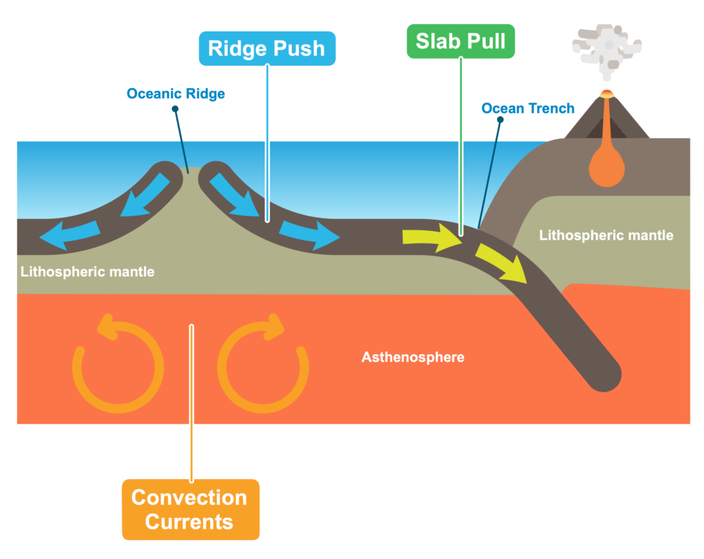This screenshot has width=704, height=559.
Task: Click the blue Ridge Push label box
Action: (267, 49)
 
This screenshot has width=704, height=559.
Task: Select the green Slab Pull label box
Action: (460, 41)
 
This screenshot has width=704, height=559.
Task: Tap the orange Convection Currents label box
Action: (190, 510)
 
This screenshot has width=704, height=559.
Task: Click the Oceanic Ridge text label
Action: (176, 94)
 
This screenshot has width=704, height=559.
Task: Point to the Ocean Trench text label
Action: (528, 109)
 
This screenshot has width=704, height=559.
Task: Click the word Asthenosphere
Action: (413, 357)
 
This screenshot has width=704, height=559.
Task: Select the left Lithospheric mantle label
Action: (87, 272)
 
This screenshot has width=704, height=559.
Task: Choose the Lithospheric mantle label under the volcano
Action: (606, 236)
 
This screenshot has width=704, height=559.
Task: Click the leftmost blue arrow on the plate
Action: (66, 236)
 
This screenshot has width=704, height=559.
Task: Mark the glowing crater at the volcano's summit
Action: (606, 94)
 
